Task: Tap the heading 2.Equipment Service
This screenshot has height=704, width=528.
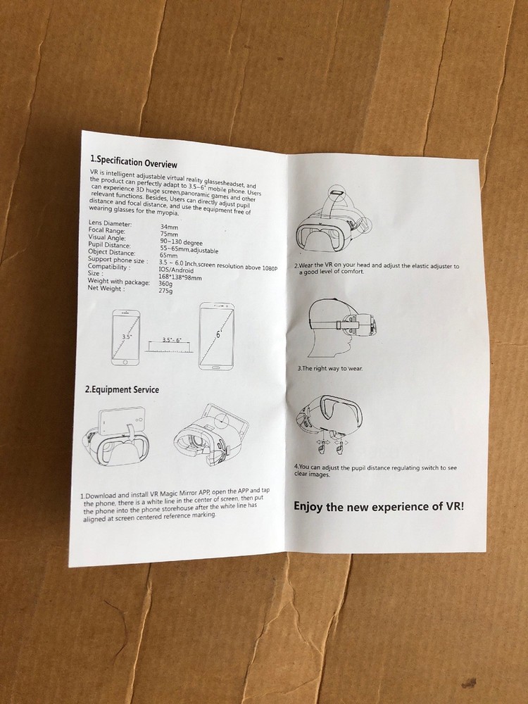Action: [122, 389]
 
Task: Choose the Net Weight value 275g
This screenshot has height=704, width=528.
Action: [167, 291]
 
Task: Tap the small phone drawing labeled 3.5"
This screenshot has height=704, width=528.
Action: [127, 337]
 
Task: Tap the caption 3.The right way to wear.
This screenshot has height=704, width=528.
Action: [330, 368]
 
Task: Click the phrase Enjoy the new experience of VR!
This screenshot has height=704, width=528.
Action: [378, 506]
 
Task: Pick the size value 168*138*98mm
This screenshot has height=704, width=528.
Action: [181, 277]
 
